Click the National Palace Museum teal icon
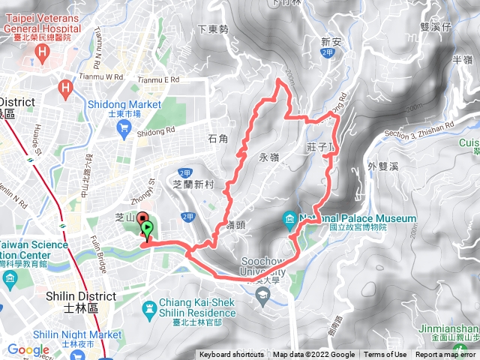coord(290,219)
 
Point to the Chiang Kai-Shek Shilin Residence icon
coord(152,307)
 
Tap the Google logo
coord(28,349)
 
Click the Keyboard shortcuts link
coord(232,355)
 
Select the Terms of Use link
coord(385,355)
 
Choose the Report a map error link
coord(445,355)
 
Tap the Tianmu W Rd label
coord(103,76)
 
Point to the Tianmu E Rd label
coord(160,78)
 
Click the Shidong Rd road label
coord(155,133)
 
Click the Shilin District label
coord(80,296)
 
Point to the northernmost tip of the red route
coord(280,80)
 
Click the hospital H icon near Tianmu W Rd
coord(67,89)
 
